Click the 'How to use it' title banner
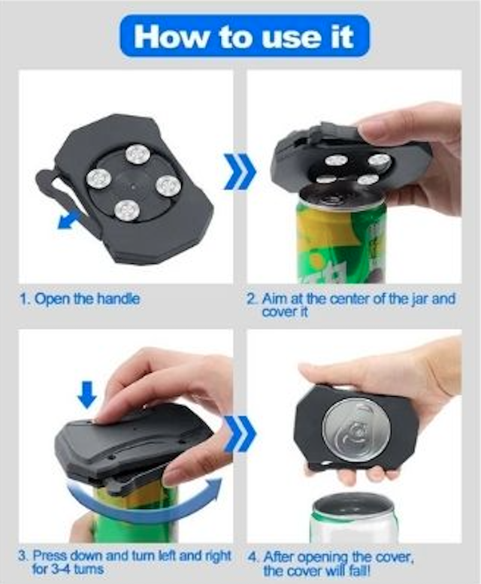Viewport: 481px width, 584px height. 244,36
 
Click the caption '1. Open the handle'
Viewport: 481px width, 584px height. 80,298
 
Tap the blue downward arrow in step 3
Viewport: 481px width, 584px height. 88,394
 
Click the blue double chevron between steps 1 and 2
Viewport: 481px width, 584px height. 240,171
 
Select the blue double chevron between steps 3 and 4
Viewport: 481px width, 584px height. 240,433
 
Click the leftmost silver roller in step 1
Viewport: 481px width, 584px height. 99,179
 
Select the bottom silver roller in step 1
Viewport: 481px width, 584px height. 126,210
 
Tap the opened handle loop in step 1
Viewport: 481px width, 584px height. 63,196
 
